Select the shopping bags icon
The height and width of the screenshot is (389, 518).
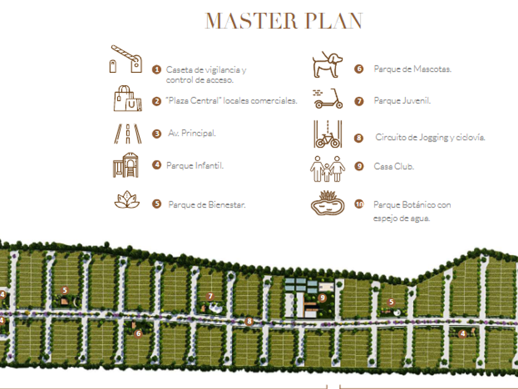(128, 98)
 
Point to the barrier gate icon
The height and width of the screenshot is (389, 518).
(126, 59)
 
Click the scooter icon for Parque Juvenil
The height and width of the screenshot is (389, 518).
(327, 99)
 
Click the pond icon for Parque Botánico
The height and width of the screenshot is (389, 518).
(327, 203)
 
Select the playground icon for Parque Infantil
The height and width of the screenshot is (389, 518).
(126, 165)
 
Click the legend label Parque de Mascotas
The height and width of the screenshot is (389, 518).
(413, 69)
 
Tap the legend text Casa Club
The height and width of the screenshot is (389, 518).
(393, 167)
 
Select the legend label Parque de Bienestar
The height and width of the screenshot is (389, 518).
(207, 205)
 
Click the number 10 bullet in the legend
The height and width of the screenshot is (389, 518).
(360, 204)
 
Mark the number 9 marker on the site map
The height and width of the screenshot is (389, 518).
(323, 298)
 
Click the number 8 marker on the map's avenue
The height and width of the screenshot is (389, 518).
(249, 321)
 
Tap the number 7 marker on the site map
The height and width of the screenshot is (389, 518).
(210, 296)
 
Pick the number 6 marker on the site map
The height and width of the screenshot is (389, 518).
(138, 333)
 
